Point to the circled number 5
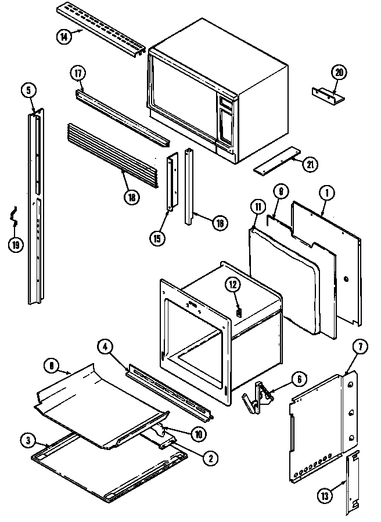click(x=30, y=90)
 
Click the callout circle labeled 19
click(x=17, y=244)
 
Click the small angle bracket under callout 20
click(x=328, y=95)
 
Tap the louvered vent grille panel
click(x=113, y=155)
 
